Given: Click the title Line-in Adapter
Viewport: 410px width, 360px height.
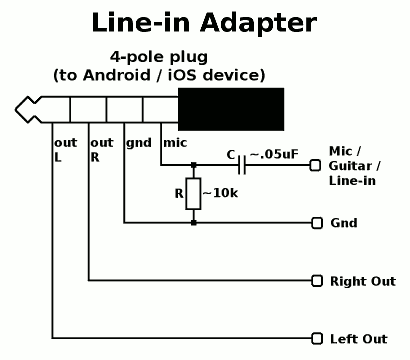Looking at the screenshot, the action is pyautogui.click(x=204, y=23).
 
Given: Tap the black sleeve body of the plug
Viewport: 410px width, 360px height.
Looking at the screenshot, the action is pyautogui.click(x=231, y=109).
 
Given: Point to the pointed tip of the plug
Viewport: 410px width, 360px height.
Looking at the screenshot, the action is pyautogui.click(x=16, y=110).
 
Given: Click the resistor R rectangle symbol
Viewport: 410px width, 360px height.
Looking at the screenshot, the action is pyautogui.click(x=193, y=194).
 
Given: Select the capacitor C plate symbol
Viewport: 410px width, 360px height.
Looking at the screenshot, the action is pyautogui.click(x=242, y=165).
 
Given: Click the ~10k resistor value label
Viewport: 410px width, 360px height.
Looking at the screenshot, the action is pyautogui.click(x=220, y=193).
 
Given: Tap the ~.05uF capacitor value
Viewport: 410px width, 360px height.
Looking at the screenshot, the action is pyautogui.click(x=274, y=154).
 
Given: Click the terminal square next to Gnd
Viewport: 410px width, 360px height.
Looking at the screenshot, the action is pyautogui.click(x=317, y=223).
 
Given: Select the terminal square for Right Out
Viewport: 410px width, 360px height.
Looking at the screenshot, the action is pyautogui.click(x=317, y=281).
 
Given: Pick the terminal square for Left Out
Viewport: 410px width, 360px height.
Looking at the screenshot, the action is pyautogui.click(x=317, y=339).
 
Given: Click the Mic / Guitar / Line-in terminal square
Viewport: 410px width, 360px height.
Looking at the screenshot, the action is pyautogui.click(x=315, y=165).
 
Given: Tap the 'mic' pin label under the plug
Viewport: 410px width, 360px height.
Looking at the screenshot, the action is pyautogui.click(x=175, y=143).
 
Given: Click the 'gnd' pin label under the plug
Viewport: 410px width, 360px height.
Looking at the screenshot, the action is pyautogui.click(x=139, y=143).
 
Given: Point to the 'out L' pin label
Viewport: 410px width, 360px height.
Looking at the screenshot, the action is pyautogui.click(x=65, y=150).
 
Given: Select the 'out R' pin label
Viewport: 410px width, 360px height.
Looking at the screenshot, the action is pyautogui.click(x=102, y=150).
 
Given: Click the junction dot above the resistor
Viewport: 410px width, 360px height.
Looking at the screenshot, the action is pyautogui.click(x=193, y=165).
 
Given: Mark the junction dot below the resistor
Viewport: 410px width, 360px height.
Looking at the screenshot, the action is pyautogui.click(x=193, y=223).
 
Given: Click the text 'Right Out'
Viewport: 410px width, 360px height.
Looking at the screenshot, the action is pyautogui.click(x=363, y=281).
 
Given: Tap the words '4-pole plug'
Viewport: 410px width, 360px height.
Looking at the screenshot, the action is pyautogui.click(x=159, y=57).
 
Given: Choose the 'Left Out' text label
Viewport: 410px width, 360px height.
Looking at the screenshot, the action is pyautogui.click(x=359, y=339).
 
